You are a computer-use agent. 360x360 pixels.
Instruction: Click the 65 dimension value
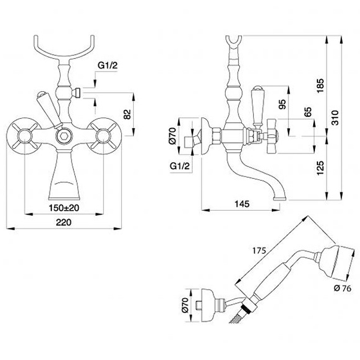coord(307,112)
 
